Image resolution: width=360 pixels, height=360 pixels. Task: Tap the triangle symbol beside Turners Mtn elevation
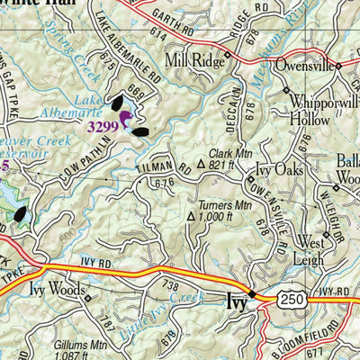pos(191,217)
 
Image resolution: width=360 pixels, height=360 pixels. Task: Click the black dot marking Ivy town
pos(253,294)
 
